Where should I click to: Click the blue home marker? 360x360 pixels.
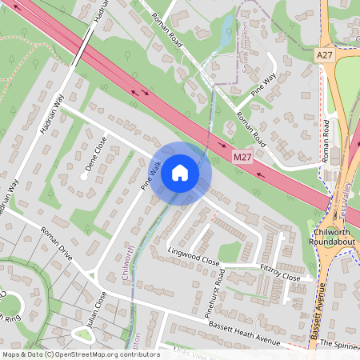tap(180, 172)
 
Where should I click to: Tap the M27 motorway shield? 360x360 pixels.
tap(243, 157)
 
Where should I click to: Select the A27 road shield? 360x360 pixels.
tap(324, 55)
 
